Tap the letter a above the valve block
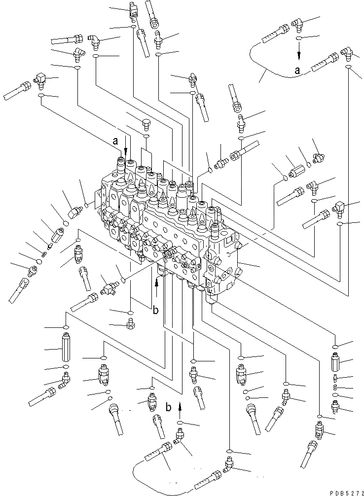(115, 141)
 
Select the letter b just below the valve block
(155, 311)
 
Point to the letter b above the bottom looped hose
(169, 407)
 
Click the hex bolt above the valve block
(146, 123)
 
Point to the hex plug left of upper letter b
(130, 324)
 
